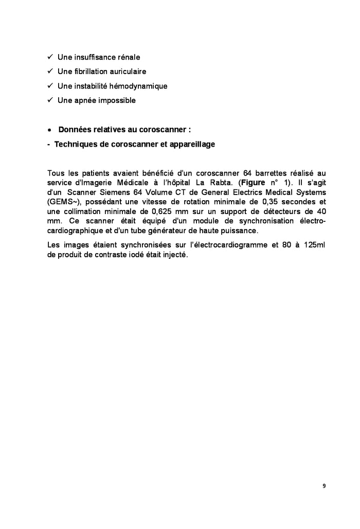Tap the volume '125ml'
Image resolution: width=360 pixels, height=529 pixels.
314,245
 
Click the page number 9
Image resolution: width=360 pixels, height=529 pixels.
324,486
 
